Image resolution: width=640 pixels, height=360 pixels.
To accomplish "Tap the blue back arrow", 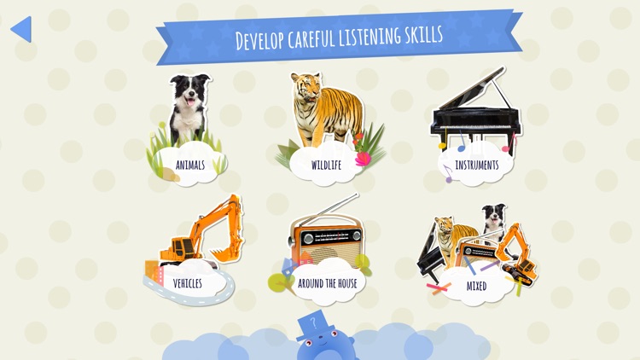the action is (23, 29).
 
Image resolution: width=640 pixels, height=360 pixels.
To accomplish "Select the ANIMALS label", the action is (189, 165).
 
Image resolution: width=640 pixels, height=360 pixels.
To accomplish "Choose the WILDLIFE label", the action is (326, 165).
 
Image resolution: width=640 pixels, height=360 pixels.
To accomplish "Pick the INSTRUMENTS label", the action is (477, 165).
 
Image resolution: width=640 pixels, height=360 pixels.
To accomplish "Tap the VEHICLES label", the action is (188, 283).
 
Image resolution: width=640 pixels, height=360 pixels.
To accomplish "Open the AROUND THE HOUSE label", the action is (328, 283).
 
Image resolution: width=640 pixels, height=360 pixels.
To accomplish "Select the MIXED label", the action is (476, 286).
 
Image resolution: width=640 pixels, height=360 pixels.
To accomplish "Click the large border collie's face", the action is (189, 93).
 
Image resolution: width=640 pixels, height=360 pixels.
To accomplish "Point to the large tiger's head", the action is (306, 87).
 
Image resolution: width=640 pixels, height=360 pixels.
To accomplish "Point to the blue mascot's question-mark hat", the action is (311, 325).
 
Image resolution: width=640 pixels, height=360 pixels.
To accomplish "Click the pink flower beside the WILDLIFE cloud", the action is (363, 159).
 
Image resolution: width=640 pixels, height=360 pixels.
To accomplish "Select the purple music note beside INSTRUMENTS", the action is (448, 173).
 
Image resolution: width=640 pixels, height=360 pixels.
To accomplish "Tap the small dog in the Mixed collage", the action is (494, 220).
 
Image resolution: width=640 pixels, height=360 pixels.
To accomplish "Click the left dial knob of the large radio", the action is (308, 238).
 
